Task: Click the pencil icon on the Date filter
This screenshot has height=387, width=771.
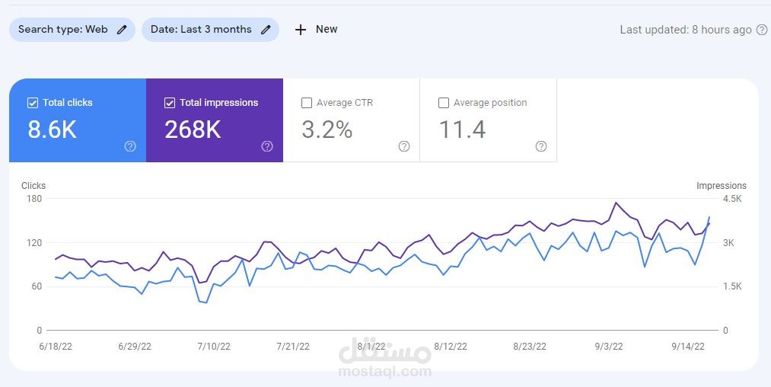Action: tap(266, 30)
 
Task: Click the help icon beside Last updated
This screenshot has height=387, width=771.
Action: tap(760, 30)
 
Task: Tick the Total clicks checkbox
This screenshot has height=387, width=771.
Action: tap(33, 103)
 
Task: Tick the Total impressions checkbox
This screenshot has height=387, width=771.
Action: tap(170, 103)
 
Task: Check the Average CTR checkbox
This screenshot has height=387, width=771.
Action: tap(307, 103)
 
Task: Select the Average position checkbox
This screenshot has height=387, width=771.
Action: tap(444, 103)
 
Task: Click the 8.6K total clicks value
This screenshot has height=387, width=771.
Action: tap(53, 130)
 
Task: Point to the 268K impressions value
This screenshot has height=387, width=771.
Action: tap(193, 130)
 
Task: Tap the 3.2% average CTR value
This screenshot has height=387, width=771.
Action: tap(327, 130)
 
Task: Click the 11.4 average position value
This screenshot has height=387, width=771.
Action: tap(462, 130)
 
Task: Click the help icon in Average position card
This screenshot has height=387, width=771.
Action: tap(541, 146)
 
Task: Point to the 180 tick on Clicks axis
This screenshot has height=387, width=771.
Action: tap(34, 199)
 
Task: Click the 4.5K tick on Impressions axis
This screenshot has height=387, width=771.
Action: tap(731, 199)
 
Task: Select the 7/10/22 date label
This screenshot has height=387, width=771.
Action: tap(214, 347)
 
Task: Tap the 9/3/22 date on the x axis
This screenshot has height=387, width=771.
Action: tap(610, 347)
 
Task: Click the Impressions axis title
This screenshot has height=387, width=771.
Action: tap(721, 186)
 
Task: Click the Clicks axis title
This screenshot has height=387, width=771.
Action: tap(33, 186)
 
